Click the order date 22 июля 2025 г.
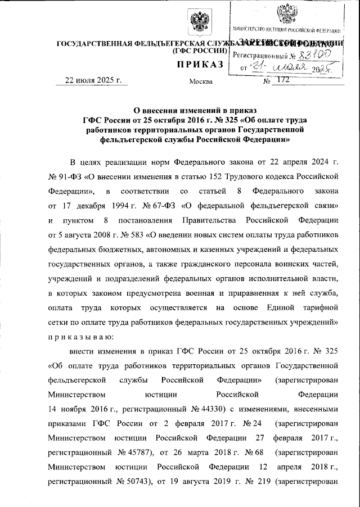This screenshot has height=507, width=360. click(93, 80)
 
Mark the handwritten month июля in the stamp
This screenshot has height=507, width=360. click(286, 69)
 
